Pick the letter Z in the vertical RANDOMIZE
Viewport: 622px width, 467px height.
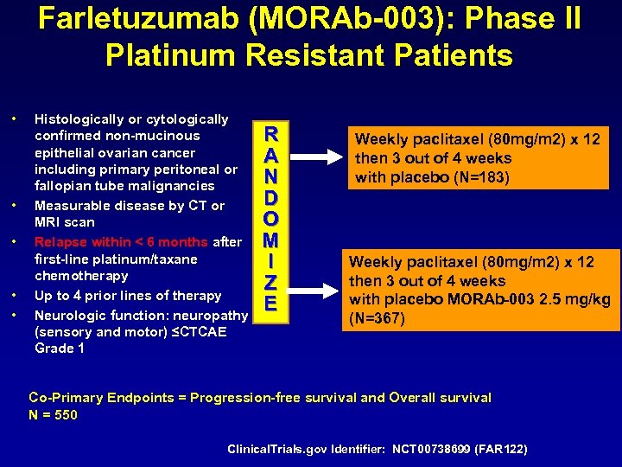click(x=271, y=282)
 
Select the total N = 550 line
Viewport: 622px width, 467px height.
click(x=54, y=414)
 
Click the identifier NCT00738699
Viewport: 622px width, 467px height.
click(x=432, y=450)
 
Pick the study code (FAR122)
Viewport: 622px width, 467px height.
click(x=505, y=450)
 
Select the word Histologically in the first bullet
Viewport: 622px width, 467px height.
click(x=76, y=119)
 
